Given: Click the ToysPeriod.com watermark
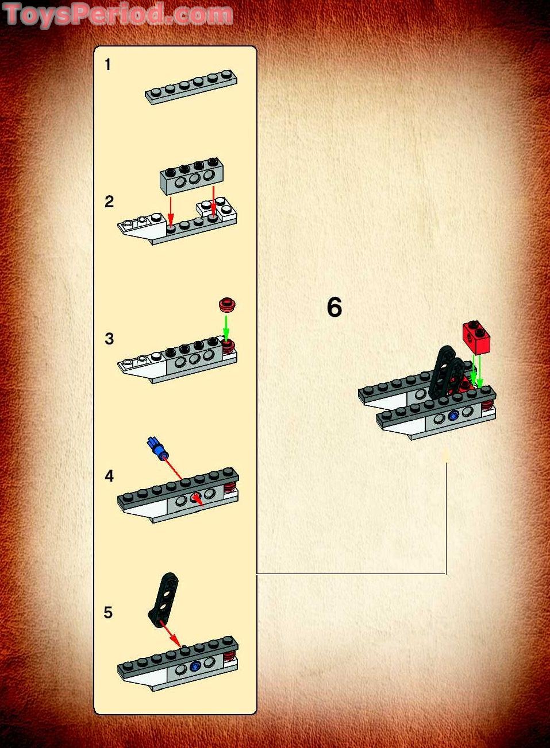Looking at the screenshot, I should tap(118, 14).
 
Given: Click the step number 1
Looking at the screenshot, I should tap(107, 65).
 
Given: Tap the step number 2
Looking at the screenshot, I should tap(109, 201).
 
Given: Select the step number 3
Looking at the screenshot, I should tap(109, 339).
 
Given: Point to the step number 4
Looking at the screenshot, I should tap(109, 476).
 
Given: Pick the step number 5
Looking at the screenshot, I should tap(109, 613).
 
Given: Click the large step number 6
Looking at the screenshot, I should tap(334, 307).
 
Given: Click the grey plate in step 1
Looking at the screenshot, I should tap(191, 87).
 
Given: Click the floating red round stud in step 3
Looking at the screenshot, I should tap(228, 304).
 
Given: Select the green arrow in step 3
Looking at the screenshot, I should tap(226, 327).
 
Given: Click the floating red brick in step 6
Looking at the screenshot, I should tap(476, 338).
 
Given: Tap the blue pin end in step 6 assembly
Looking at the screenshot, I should tap(454, 416).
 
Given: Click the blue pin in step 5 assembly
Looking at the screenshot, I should tap(195, 666).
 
